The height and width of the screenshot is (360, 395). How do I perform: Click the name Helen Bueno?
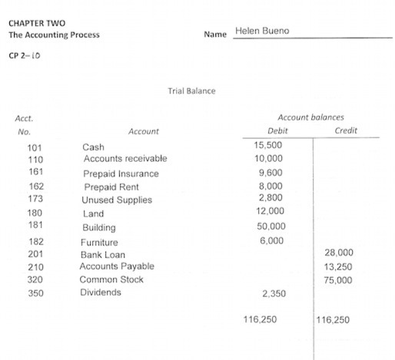coord(262,31)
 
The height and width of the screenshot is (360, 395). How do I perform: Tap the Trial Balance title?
coord(191,91)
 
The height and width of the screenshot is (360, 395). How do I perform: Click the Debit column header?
coord(271,131)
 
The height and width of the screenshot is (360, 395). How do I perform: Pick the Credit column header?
coord(347,131)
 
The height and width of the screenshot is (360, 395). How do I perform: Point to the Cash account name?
coord(93,146)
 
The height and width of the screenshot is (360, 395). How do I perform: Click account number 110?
coord(35,159)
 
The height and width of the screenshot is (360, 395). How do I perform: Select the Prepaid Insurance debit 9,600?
coord(271,173)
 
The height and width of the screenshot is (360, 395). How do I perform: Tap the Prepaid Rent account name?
coord(111,187)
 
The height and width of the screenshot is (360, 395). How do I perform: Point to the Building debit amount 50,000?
coord(271,227)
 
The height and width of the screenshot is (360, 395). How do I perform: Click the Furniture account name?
coord(100,242)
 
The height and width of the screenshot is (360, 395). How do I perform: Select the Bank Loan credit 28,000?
coord(340,253)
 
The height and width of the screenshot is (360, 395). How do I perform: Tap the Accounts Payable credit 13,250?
coord(340,266)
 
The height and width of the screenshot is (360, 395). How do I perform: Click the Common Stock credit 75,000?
coord(340,280)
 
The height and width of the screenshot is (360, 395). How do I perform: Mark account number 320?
coord(35,279)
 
